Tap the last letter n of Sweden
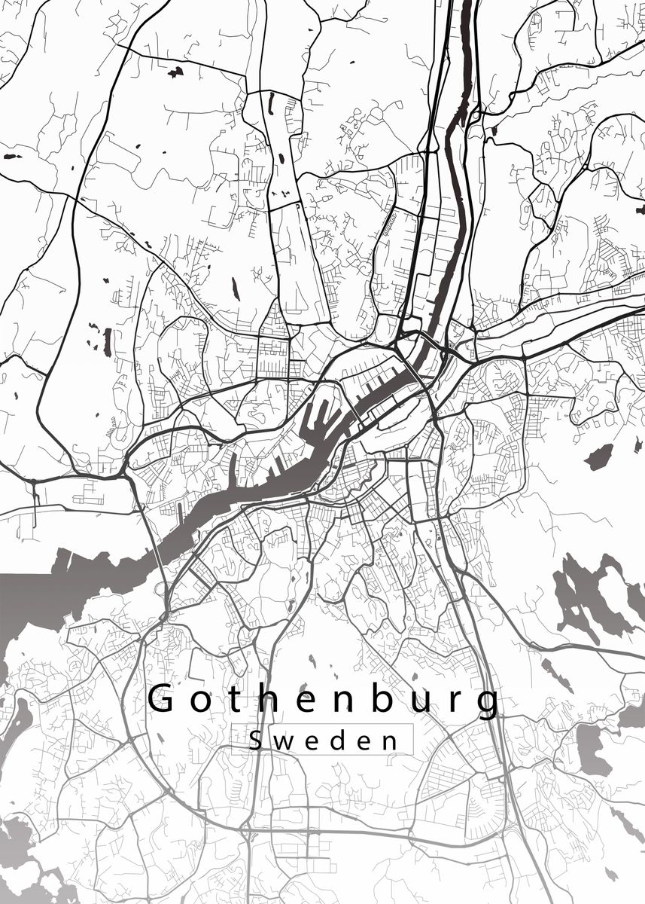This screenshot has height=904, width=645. (389, 742)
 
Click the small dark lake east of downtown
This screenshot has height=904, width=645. (599, 457)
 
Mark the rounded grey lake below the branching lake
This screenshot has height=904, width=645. (594, 750)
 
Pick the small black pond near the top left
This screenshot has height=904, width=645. (175, 72)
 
